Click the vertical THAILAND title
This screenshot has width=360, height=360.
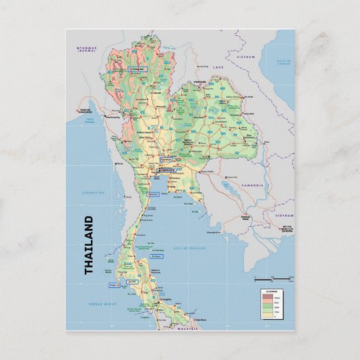(89, 245)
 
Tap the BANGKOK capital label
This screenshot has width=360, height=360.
(167, 170)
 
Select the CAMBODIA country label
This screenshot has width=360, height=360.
(249, 184)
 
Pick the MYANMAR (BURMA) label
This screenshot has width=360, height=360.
(87, 49)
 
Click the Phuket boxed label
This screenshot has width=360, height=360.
(112, 285)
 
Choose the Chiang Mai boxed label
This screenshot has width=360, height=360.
(137, 69)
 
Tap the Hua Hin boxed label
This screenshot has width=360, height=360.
(152, 194)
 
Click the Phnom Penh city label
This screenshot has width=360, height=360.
(247, 219)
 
